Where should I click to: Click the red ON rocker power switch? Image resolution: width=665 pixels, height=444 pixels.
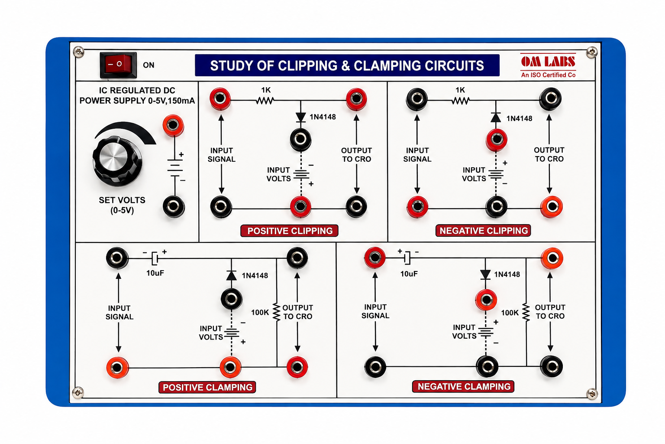pos(118,65)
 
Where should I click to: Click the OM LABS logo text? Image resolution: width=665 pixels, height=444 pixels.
pos(548,62)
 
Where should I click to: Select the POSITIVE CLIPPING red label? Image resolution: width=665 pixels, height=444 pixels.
pos(290,231)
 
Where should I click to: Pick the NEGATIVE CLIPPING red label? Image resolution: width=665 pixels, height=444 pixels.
pos(483,231)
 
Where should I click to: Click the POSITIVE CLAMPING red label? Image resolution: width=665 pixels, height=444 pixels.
pos(207,387)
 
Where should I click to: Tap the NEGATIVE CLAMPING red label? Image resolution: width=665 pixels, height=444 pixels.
pos(463,386)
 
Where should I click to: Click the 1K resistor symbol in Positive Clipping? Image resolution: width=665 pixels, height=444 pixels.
pos(265,101)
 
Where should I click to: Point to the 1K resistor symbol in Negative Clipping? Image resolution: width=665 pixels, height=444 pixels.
pos(461,101)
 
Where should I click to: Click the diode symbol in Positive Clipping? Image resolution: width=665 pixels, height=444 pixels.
pos(301,118)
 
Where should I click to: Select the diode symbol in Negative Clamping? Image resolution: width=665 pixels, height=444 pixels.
pos(485,274)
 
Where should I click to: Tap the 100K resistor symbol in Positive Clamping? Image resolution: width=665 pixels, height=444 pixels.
pos(277,312)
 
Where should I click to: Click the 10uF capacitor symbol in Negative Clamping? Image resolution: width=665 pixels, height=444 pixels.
pos(407,258)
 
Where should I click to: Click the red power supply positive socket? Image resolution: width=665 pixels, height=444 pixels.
pos(173,125)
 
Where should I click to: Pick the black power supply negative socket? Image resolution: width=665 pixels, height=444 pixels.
pos(174,206)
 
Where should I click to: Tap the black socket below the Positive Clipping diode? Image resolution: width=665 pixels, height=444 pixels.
pos(300,139)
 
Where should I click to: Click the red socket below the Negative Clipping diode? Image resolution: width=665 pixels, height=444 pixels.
pos(497,139)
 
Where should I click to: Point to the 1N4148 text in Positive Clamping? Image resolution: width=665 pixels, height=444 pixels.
pos(255,276)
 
